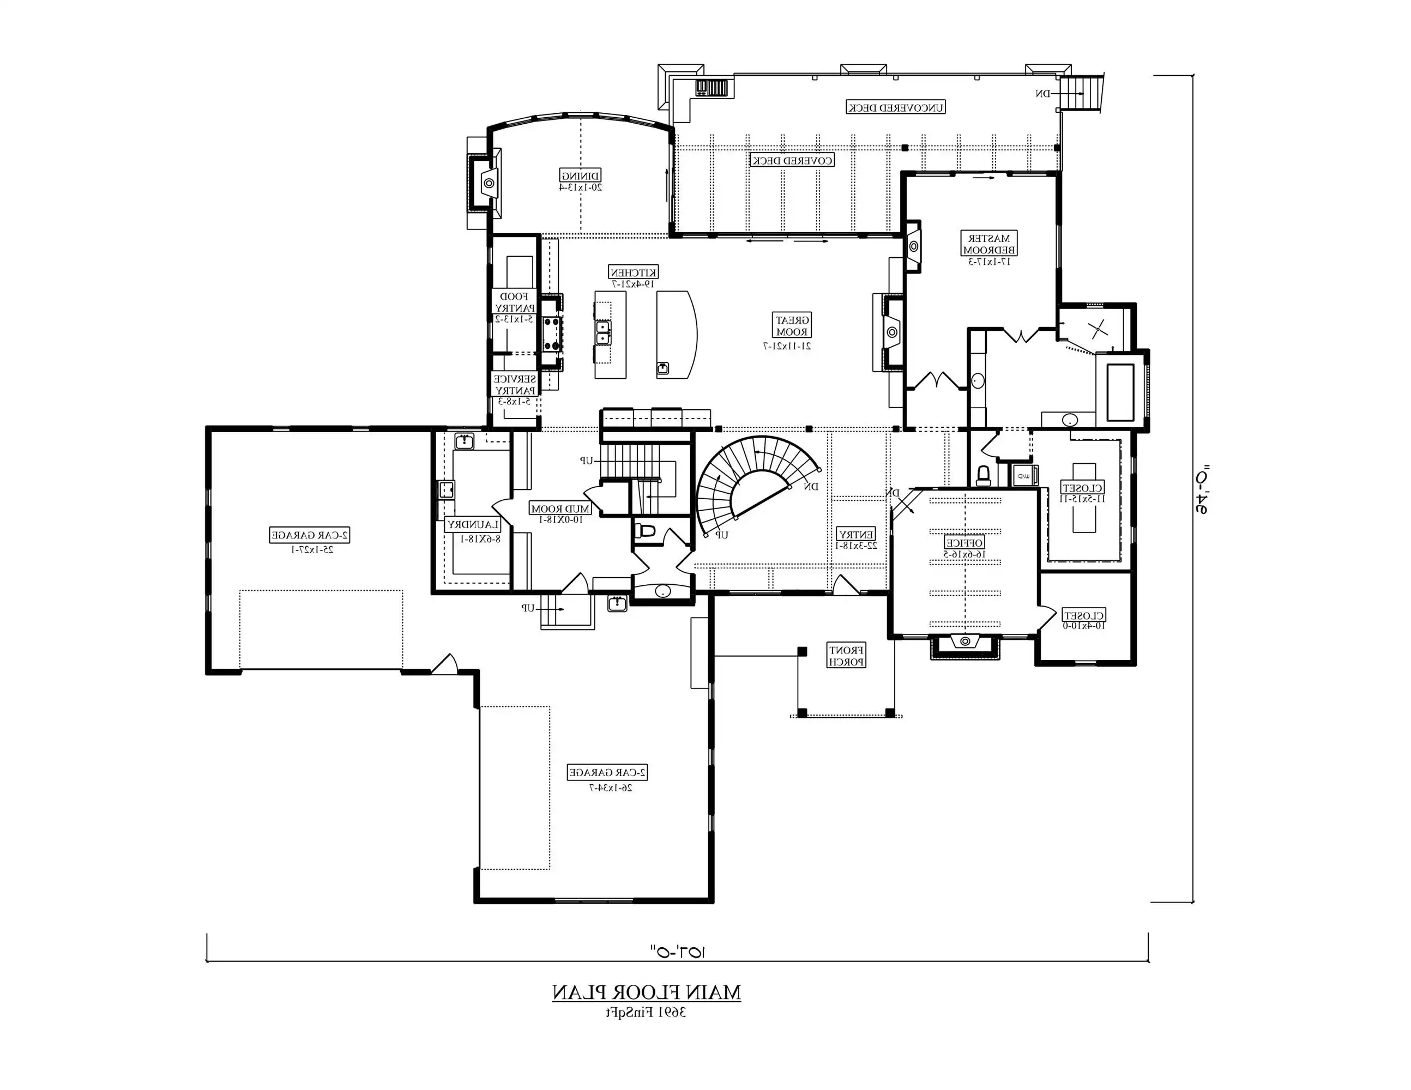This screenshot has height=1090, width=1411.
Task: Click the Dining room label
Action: pos(581,175)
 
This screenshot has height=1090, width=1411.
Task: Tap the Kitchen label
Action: pos(634,272)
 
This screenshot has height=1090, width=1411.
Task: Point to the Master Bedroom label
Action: pos(989,244)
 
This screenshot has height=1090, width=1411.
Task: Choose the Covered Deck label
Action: pos(792,160)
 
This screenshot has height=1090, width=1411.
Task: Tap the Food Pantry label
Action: pos(515,303)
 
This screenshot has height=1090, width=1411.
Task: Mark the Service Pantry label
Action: pos(515,385)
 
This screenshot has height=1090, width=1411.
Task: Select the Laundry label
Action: pos(473,525)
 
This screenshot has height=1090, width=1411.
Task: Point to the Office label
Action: pos(964,543)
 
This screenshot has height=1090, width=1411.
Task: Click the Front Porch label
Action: pos(846,656)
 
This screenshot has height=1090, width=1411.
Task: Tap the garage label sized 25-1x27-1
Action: pos(310,535)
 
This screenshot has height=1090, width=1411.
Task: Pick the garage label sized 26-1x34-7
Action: pos(608,772)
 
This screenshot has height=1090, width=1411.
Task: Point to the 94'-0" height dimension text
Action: pos(1201,489)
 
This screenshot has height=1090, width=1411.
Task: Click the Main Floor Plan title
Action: pos(646,993)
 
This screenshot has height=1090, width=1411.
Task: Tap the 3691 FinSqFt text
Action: pos(646,1013)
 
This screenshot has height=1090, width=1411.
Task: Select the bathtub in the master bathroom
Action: pos(1120,392)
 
